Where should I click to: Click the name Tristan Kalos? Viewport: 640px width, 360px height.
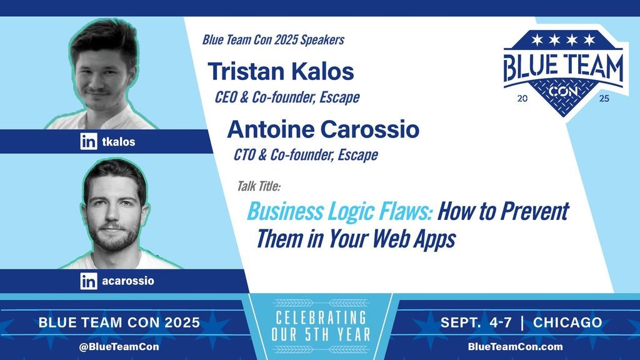tap(281, 71)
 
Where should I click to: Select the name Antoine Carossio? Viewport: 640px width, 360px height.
tap(323, 129)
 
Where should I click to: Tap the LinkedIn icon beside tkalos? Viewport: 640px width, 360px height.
tap(89, 141)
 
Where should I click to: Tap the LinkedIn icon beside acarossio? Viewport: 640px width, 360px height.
tap(89, 281)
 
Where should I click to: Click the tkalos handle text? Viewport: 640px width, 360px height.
tap(118, 142)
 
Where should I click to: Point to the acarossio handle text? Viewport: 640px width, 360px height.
tap(128, 281)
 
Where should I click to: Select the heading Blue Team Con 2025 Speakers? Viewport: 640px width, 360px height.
tap(274, 39)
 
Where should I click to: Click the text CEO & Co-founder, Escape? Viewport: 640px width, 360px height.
tap(287, 97)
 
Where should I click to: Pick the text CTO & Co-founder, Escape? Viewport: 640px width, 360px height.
tap(306, 155)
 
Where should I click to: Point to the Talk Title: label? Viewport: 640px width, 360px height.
tap(259, 186)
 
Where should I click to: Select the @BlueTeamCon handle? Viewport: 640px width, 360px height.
tap(119, 346)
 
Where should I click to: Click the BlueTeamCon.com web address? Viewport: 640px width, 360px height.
tap(516, 346)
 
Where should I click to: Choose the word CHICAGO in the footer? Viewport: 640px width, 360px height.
tap(567, 322)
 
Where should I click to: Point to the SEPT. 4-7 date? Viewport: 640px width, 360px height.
tap(476, 322)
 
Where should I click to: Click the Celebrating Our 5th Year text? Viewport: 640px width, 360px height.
tap(321, 326)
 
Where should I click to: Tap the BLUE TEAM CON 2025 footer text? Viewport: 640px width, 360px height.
tap(119, 322)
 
